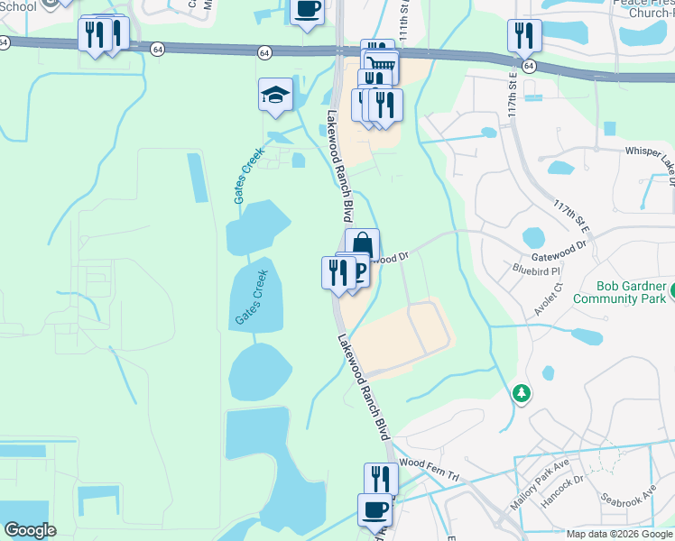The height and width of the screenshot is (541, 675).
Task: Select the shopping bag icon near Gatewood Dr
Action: coord(362,244)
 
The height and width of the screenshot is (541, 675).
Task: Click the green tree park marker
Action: coord(521,393)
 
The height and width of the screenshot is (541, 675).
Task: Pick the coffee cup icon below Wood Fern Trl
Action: coord(374,509)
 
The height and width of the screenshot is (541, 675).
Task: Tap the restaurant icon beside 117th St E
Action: coord(523,35)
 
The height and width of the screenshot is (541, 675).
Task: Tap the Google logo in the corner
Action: coord(30,530)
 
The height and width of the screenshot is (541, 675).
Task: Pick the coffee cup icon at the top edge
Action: coord(308,11)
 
